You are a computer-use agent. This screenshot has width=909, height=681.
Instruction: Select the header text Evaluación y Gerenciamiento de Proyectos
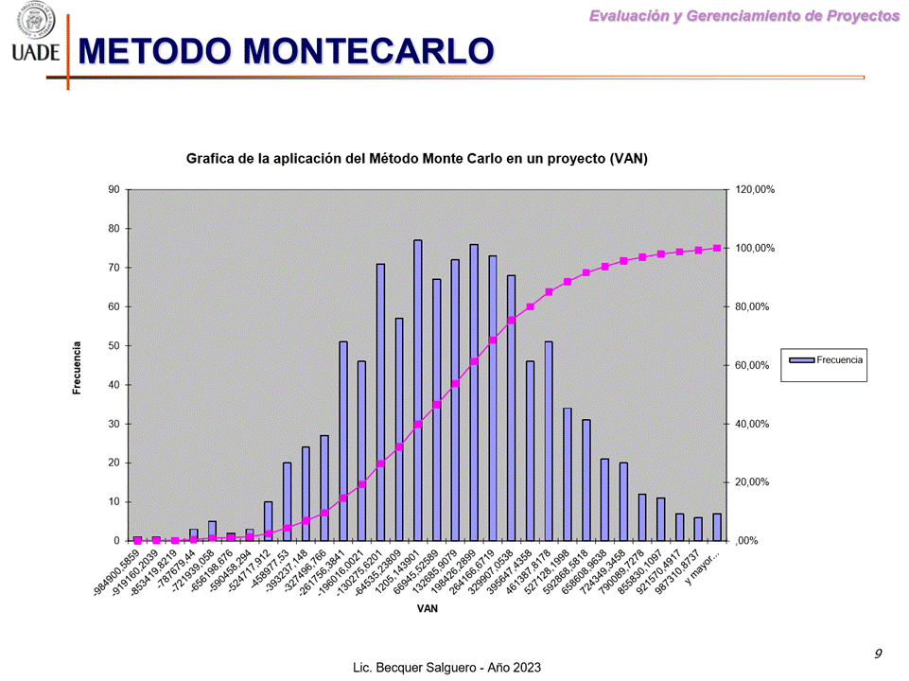point(744,15)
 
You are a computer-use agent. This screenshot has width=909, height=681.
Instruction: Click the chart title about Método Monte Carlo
point(417,158)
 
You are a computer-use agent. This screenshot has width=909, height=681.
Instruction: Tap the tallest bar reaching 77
point(417,390)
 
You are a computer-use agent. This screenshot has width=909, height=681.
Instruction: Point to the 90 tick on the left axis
point(114,189)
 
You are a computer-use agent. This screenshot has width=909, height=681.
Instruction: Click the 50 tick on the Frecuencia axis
point(114,345)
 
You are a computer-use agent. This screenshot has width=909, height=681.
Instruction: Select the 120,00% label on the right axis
point(755,189)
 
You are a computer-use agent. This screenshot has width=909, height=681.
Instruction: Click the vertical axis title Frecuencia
point(78,368)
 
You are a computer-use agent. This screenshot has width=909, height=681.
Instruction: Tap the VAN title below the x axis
point(427,608)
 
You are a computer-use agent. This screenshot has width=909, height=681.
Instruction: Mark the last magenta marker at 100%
point(717,248)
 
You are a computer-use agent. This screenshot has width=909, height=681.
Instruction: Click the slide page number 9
point(878,654)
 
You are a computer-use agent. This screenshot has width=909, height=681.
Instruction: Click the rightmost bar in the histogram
point(717,527)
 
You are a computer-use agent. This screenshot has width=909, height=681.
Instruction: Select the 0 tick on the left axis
point(116,540)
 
